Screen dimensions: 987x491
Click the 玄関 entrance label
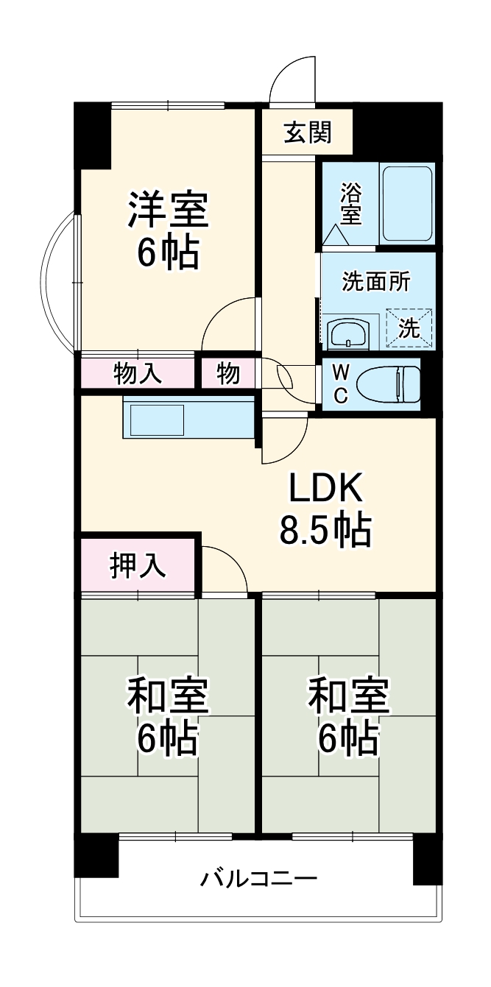308,132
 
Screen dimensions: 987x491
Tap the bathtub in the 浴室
406,204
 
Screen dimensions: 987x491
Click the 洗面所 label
376,282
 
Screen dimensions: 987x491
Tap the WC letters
341,383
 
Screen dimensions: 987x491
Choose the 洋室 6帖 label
169,230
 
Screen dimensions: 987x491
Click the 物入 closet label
138,373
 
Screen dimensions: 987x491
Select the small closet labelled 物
228,373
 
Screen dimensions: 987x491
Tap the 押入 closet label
138,565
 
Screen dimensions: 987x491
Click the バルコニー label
258,878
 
